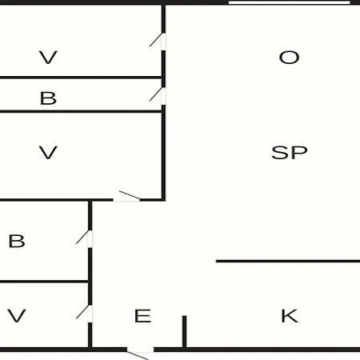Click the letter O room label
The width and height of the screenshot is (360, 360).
click(289, 58)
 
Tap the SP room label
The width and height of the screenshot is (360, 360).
click(290, 153)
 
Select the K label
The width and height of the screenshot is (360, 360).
click(290, 316)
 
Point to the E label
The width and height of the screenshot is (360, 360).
click(143, 316)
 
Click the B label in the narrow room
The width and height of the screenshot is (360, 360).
click(48, 98)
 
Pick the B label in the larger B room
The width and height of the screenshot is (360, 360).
click(17, 241)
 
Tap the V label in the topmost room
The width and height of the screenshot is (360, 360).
click(48, 58)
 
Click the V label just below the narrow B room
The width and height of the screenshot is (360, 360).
click(48, 153)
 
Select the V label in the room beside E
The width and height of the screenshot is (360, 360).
click(17, 316)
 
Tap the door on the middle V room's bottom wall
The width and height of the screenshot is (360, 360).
click(127, 197)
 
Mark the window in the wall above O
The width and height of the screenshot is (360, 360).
click(290, 2)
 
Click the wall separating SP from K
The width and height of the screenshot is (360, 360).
click(288, 261)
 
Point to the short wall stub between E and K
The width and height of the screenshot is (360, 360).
click(184, 331)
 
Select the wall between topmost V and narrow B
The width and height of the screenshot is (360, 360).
click(81, 78)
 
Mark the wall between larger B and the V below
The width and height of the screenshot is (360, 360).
click(44, 282)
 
